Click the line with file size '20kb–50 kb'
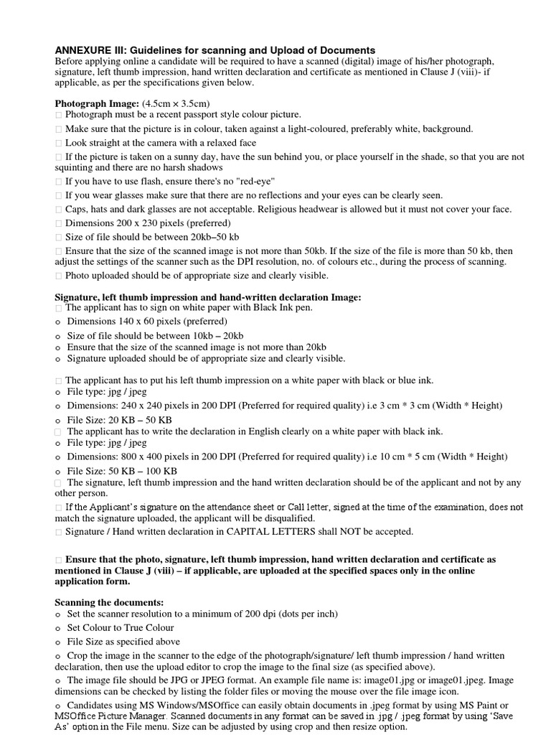152,237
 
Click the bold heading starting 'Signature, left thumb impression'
208,297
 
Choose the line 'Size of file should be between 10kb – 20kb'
155,336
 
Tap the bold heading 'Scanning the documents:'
109,601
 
